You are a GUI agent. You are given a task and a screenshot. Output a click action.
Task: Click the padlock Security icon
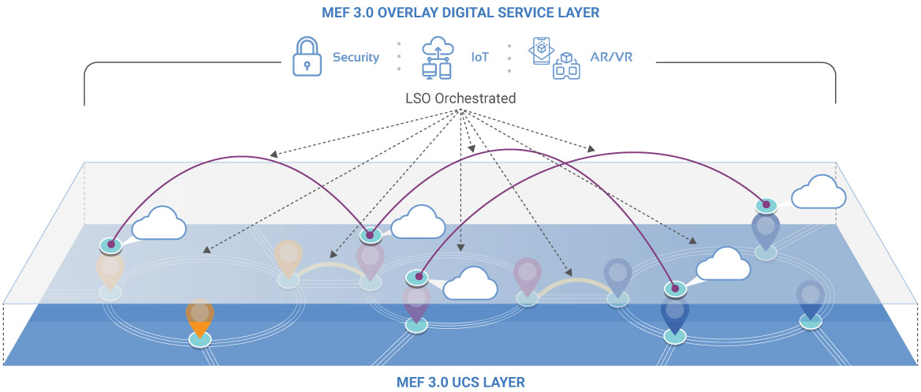pos(307,57)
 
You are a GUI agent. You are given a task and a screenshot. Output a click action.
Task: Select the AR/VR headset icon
pos(556,57)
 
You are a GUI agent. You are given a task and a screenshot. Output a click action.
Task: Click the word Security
pos(356,58)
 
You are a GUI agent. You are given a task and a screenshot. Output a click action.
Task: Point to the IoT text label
pos(479,58)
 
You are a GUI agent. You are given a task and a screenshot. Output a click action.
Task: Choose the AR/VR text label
pos(613,58)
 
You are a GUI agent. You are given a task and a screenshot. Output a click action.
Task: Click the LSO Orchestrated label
pos(460,99)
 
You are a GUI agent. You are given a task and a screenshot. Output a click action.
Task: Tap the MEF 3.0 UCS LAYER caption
pos(460,383)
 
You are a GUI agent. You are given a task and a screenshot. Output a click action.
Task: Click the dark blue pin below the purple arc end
pos(674,315)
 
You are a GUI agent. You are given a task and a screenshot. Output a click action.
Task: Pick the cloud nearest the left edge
pos(158,224)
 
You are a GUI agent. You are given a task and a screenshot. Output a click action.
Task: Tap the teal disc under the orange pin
pos(200,339)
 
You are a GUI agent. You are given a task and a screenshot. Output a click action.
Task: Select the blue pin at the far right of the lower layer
pos(810,298)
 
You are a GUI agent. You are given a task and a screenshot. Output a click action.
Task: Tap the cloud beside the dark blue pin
pos(722,266)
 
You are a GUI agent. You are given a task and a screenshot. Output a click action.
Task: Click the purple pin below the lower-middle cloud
pos(416,304)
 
